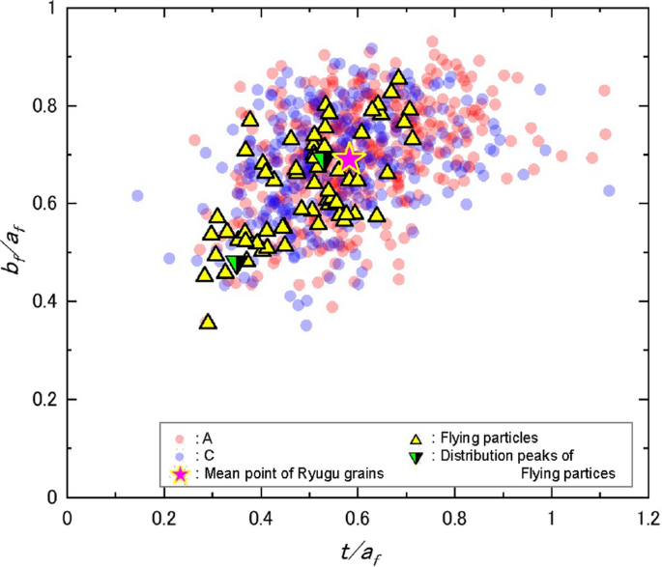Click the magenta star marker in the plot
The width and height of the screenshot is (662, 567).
(x=349, y=158)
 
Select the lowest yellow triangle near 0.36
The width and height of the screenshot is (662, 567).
(x=207, y=322)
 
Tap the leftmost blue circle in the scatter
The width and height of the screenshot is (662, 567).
(x=137, y=195)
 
